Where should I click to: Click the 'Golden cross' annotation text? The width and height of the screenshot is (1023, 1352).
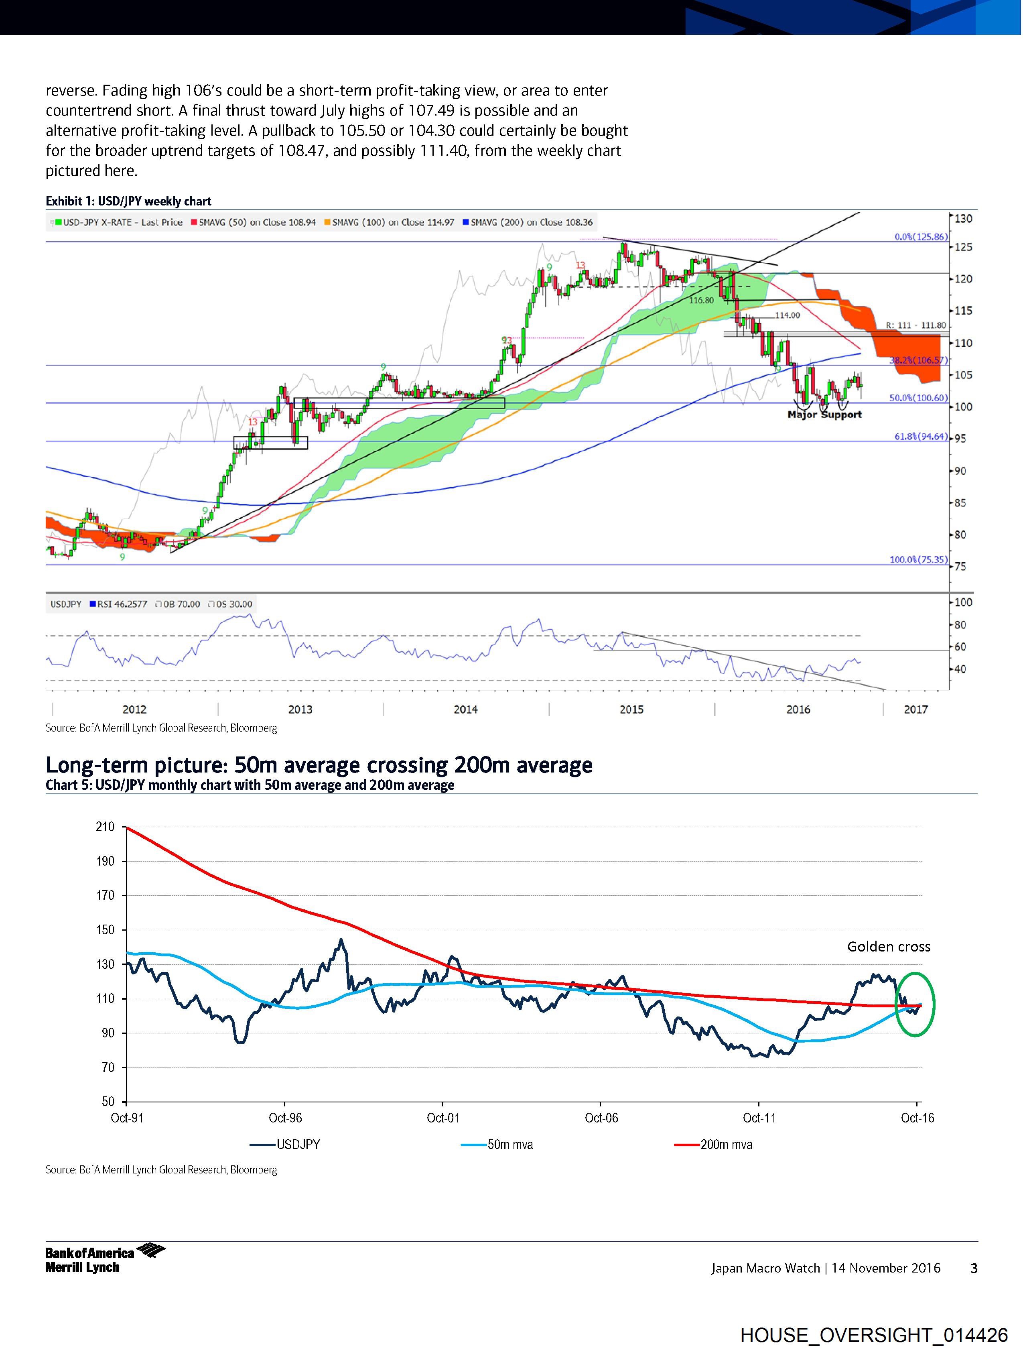[x=888, y=947]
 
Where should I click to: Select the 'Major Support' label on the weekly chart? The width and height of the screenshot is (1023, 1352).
[x=824, y=415]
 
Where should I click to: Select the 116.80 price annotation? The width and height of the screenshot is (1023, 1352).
[x=701, y=301]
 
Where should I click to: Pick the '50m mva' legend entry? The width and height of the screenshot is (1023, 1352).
[x=509, y=1145]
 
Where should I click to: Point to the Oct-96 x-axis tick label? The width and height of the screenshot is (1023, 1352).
[x=285, y=1118]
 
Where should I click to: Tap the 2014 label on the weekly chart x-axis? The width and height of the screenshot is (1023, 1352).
[x=466, y=709]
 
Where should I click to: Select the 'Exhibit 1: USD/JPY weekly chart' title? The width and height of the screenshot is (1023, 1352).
[x=128, y=201]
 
